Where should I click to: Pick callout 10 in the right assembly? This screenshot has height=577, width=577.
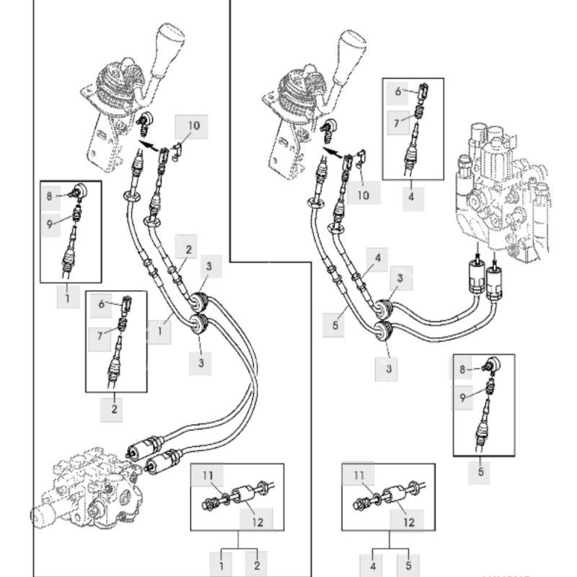click(364, 195)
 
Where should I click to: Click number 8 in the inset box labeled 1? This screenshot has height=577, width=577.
click(49, 195)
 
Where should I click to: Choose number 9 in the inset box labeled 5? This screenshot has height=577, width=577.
click(462, 395)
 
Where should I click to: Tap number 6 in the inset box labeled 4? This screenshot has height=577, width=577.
click(397, 92)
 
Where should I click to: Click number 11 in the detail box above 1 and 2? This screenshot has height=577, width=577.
click(208, 475)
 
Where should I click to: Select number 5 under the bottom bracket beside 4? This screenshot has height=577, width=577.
click(408, 560)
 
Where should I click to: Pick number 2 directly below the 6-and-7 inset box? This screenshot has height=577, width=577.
click(114, 410)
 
